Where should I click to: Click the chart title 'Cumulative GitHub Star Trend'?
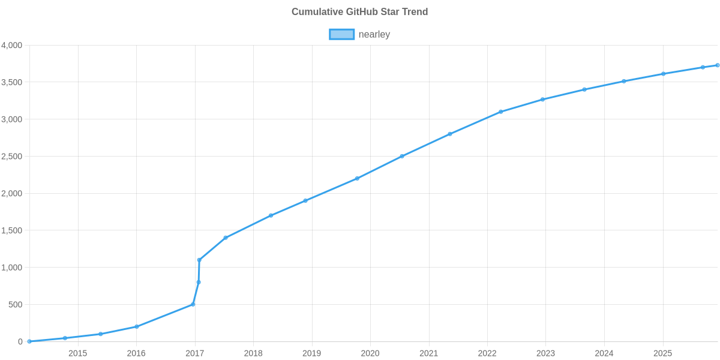click(359, 12)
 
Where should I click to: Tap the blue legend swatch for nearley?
click(341, 35)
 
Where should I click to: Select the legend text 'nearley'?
click(374, 35)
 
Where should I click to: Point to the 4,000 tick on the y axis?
click(12, 46)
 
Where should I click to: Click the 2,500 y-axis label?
click(12, 157)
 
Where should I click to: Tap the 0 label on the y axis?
click(20, 342)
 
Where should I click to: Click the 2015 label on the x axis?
click(77, 353)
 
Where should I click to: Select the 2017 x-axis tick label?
click(194, 353)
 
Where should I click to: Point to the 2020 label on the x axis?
click(370, 353)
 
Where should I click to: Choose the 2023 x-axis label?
click(545, 353)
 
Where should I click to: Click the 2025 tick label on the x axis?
click(662, 353)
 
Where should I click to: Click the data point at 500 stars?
click(193, 304)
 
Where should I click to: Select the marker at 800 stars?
click(198, 282)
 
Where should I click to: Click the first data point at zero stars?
click(29, 341)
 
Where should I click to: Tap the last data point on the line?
click(718, 65)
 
